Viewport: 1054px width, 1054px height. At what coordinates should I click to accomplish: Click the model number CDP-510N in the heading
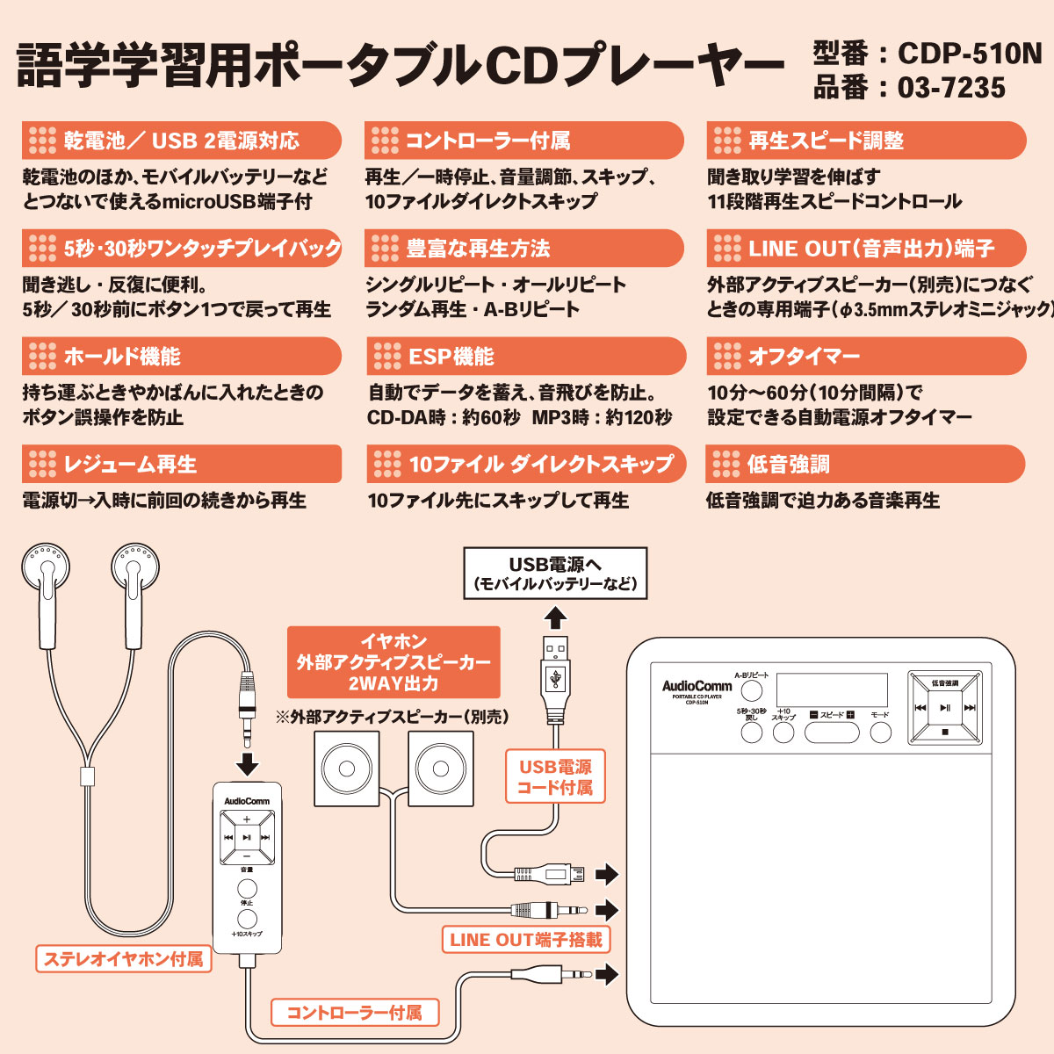[969, 54]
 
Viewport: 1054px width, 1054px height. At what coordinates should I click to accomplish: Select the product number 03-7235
[951, 88]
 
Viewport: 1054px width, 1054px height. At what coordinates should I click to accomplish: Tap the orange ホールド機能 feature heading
[181, 356]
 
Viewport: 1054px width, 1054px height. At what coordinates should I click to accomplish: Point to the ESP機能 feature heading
[524, 356]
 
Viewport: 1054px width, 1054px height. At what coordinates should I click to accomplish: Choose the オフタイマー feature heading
[866, 356]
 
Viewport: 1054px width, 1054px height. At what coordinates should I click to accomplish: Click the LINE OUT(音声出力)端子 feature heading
[866, 249]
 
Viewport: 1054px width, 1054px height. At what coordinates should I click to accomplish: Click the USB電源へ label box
[555, 574]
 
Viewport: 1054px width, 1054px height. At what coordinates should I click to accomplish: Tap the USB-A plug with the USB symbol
[555, 676]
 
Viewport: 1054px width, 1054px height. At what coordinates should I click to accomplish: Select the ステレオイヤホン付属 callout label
[123, 958]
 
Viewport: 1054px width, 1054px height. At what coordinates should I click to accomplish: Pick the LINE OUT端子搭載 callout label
[525, 939]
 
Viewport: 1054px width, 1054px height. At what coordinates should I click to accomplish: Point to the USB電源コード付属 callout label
[555, 776]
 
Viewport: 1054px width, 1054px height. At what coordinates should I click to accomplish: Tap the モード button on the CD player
[880, 732]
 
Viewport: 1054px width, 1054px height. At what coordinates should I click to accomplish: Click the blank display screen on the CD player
[832, 690]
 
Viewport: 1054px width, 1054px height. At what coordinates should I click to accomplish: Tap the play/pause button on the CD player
[944, 707]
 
